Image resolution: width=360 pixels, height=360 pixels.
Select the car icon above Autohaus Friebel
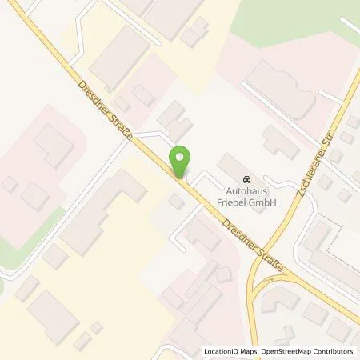click(x=246, y=179)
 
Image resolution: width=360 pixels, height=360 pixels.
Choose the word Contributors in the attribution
click(x=336, y=351)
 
